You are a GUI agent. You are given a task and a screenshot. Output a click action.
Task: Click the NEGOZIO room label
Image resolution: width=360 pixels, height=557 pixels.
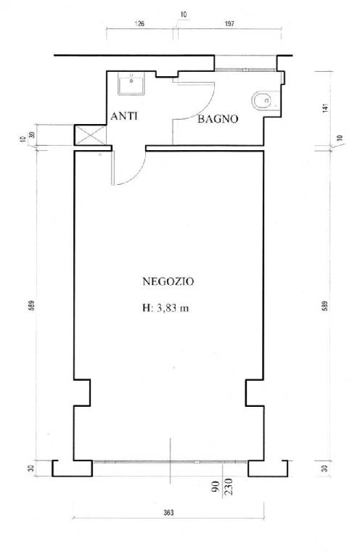click(x=168, y=281)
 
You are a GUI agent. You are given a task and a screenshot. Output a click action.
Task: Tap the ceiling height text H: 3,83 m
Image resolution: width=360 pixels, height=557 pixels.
click(x=165, y=308)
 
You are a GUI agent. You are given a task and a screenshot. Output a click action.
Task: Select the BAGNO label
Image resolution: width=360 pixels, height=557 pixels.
click(x=218, y=119)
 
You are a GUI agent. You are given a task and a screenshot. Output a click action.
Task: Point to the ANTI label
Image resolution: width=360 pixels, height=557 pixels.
click(x=124, y=116)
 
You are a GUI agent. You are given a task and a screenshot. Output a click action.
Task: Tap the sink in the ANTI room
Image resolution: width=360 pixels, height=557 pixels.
click(x=131, y=83)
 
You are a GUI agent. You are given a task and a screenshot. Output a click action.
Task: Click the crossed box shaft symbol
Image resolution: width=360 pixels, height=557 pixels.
click(x=90, y=135)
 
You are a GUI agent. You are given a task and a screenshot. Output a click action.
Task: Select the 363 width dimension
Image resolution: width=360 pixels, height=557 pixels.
click(x=168, y=513)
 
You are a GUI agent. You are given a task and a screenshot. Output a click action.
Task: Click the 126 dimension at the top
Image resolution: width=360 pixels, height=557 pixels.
click(x=139, y=24)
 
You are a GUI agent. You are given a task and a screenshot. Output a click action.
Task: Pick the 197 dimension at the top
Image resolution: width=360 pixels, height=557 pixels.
click(x=229, y=24)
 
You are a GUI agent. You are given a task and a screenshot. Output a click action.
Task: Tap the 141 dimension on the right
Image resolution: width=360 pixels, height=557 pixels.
click(x=325, y=108)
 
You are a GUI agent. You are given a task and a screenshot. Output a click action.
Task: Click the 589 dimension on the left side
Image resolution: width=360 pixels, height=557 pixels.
click(x=31, y=306)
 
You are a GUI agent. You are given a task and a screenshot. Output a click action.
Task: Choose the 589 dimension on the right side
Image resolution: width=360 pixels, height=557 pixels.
click(x=325, y=306)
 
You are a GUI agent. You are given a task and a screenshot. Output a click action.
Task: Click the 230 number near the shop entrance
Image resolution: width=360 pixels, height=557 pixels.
click(x=229, y=487)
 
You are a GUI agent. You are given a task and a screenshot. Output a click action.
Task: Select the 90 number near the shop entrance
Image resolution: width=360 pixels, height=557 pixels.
click(x=216, y=487)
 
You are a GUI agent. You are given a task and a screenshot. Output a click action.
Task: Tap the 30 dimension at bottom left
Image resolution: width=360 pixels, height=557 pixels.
click(x=31, y=469)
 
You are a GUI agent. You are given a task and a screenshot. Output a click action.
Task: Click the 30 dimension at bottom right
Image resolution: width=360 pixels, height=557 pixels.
click(x=325, y=469)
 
